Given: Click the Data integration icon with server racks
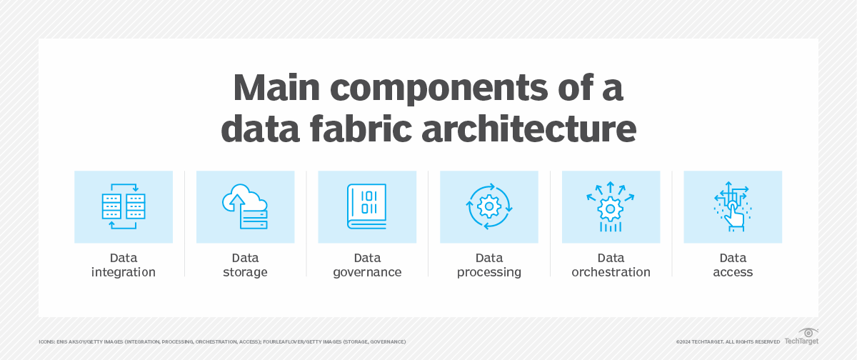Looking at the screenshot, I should (124, 206).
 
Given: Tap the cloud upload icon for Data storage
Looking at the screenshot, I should (245, 206).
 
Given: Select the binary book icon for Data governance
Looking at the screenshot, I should (367, 206).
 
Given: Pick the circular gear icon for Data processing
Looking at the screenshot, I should (489, 206).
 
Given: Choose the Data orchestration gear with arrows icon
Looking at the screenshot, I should (611, 206).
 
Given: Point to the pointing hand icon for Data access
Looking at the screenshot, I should (733, 206).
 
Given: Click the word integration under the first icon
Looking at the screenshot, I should (124, 272).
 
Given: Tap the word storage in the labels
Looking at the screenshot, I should (245, 272).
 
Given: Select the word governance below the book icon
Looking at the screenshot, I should (367, 272).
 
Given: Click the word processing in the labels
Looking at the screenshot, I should (489, 272).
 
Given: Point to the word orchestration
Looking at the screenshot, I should (611, 272).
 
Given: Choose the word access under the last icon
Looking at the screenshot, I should (733, 272).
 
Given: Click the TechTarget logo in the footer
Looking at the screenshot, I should (801, 337).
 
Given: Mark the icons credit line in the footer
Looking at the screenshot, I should (222, 342).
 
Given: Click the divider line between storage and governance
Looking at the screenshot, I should (306, 224).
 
